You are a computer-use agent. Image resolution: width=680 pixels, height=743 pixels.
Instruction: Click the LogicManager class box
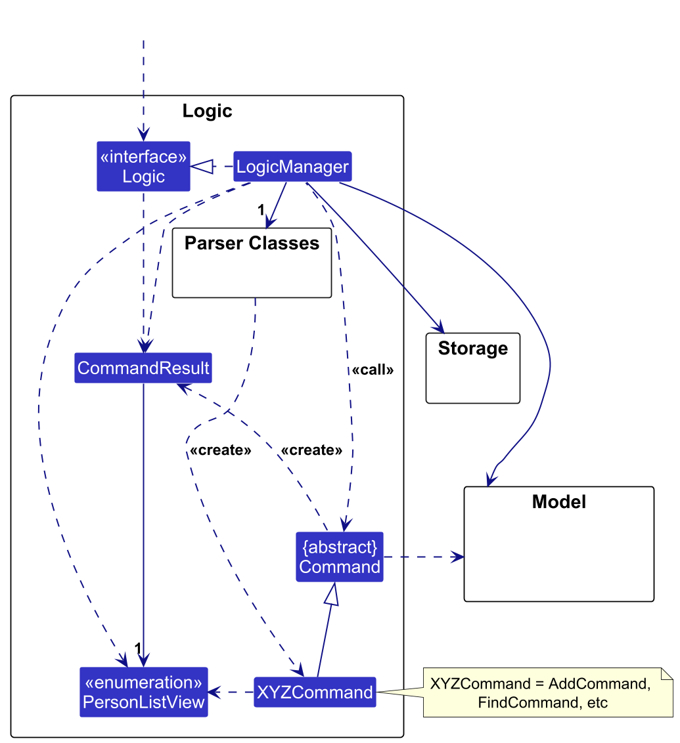[x=292, y=167]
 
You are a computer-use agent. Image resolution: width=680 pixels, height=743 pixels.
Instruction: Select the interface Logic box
[x=143, y=167]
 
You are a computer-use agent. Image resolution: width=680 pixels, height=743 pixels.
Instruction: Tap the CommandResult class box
[x=143, y=368]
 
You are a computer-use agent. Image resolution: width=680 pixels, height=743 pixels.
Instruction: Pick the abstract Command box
[x=340, y=557]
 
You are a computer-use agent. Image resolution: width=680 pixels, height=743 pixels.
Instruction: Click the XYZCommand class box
[x=315, y=692]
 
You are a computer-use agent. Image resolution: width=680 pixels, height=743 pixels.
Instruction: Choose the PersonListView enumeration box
[x=144, y=692]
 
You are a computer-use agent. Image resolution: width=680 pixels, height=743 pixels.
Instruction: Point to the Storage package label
[x=473, y=349]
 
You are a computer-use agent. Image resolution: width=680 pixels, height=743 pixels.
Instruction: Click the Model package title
[x=559, y=502]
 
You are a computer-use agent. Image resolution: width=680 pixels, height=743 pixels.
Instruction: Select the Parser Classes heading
[x=252, y=244]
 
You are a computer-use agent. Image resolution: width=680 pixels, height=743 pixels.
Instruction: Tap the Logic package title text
[x=207, y=111]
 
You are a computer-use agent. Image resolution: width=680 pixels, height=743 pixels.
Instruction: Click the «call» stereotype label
[x=373, y=370]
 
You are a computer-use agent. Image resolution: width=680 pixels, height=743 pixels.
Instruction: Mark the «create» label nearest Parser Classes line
[x=220, y=451]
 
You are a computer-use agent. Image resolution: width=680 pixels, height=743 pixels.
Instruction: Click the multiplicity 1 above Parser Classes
[x=260, y=211]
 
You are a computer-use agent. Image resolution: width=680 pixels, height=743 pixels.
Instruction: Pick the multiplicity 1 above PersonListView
[x=138, y=648]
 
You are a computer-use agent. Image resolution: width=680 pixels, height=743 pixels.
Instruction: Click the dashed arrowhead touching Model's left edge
[x=458, y=557]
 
